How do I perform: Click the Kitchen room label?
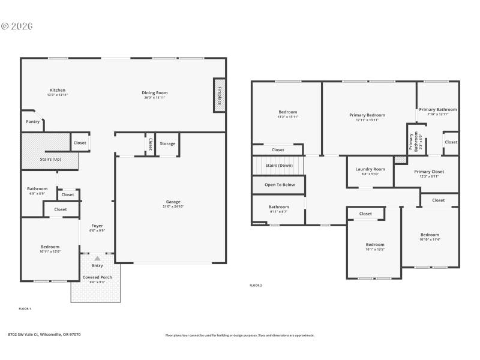pos(58,90)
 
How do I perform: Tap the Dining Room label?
pos(154,92)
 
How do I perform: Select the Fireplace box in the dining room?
pos(220,95)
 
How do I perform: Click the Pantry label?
pos(33,122)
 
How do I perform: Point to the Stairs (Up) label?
pos(50,159)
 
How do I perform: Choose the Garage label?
pos(173,202)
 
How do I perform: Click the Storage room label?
pos(167,143)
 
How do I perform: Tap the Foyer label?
pos(97,226)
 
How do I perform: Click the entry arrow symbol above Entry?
pos(97,258)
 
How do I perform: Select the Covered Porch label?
pos(97,277)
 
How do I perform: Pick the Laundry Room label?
pos(370,169)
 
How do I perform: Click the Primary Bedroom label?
pos(367,115)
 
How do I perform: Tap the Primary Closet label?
pos(429,172)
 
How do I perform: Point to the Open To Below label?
pos(280,185)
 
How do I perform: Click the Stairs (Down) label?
pos(279,165)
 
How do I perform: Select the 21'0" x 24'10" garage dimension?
pos(173,206)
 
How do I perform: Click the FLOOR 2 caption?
pos(256,286)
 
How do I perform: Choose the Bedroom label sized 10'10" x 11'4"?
pos(430,235)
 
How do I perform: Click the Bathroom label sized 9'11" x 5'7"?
pos(278,207)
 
